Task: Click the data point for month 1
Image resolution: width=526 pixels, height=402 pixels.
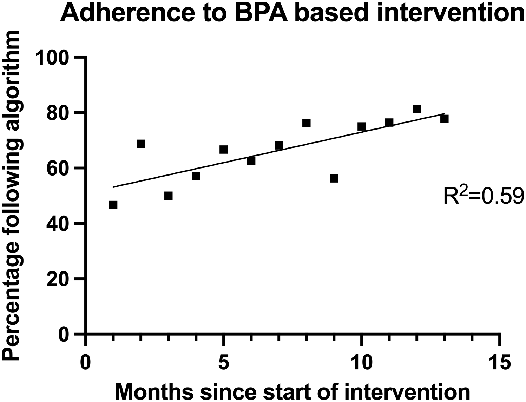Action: point(113,205)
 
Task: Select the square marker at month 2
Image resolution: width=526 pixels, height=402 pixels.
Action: point(141,144)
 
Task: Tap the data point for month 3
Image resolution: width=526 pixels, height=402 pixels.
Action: point(168,196)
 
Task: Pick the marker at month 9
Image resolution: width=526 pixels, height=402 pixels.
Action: point(334,178)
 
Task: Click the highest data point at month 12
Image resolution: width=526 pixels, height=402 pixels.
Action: point(417,109)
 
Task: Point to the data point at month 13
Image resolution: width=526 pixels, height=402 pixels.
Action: point(444,119)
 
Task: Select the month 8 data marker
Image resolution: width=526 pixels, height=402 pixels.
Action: point(306,123)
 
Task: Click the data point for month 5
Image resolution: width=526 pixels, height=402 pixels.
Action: point(223,150)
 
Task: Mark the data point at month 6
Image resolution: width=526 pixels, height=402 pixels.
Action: point(251,161)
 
